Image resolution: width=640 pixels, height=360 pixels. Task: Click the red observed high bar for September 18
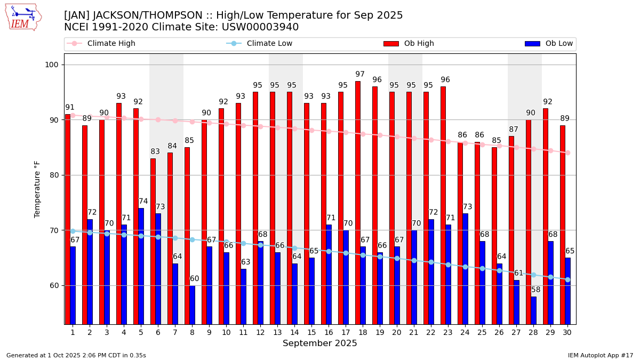[x=358, y=203]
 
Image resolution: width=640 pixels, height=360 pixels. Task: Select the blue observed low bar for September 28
[x=534, y=310]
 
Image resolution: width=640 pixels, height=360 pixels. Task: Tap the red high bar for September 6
[x=153, y=241]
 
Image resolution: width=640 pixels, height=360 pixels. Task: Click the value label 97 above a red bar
[x=360, y=75]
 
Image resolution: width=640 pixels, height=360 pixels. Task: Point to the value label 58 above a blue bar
[x=536, y=290]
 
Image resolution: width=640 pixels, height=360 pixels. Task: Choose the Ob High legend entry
[x=409, y=44]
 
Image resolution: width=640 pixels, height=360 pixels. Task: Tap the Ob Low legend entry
[x=549, y=44]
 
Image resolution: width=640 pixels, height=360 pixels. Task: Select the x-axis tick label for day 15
[x=311, y=332]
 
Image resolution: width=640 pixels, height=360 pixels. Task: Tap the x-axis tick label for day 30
[x=567, y=332]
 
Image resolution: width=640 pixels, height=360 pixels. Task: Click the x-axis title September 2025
[x=320, y=343]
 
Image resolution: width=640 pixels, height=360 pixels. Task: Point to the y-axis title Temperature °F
[x=37, y=189]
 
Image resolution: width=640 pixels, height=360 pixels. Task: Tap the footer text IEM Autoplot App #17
[x=600, y=355]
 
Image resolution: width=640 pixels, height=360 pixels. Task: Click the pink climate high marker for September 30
[x=567, y=153]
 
